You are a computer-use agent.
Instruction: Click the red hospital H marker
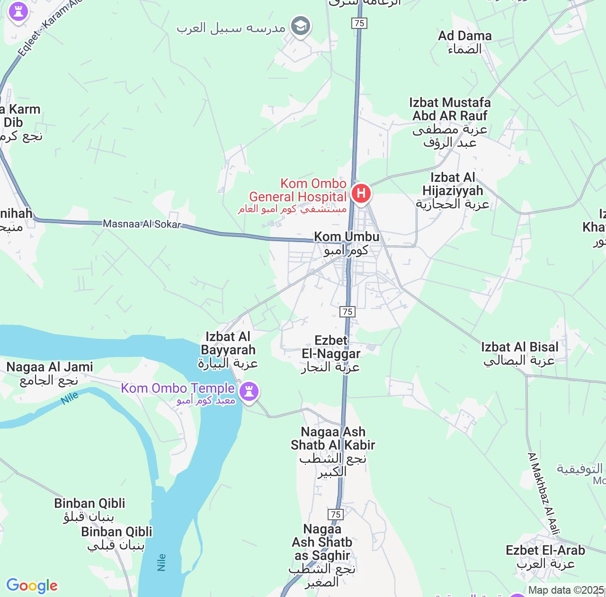[x=361, y=194]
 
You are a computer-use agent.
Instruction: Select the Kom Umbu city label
[x=347, y=243]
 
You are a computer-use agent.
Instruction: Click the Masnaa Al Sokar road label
[x=142, y=224]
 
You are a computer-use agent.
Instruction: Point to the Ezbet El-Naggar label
[x=331, y=353]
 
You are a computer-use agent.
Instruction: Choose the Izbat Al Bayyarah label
[x=228, y=350]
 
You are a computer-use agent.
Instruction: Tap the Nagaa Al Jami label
[x=49, y=373]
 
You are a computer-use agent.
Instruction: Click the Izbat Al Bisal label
[x=519, y=353]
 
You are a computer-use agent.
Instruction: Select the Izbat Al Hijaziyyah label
[x=453, y=190]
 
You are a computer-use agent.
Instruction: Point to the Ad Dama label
[x=464, y=42]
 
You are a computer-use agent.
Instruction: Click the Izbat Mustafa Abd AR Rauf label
[x=450, y=122]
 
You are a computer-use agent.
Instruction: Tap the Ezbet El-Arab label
[x=545, y=557]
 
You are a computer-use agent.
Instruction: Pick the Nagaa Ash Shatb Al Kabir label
[x=333, y=452]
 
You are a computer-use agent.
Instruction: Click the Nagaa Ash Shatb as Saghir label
[x=322, y=555]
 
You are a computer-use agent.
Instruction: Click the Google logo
[x=32, y=586]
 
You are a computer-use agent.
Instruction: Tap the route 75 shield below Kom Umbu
[x=348, y=311]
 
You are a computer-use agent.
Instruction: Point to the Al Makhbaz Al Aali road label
[x=544, y=493]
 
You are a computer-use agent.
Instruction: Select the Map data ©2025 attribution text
[x=566, y=590]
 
